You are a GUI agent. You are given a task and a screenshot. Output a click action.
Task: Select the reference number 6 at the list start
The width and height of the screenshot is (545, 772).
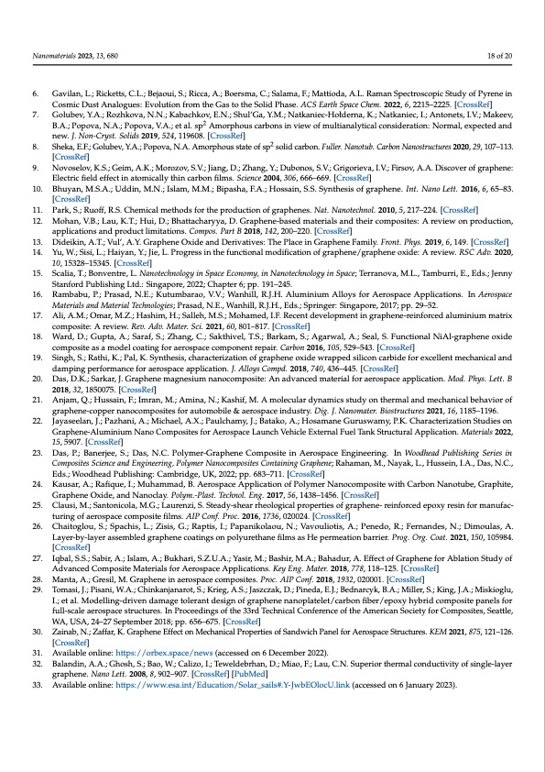[36, 94]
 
